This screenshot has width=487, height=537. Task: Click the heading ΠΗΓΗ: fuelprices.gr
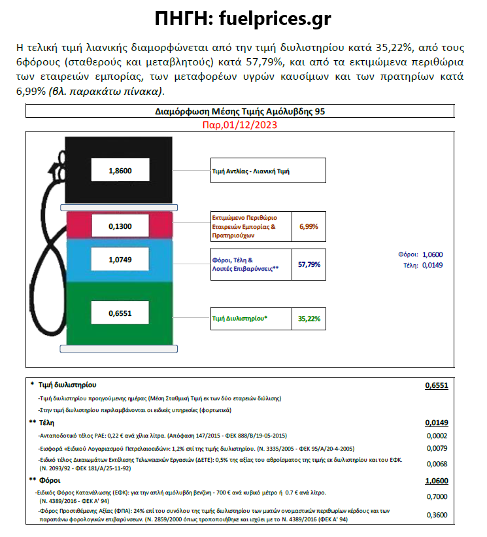coord(243,18)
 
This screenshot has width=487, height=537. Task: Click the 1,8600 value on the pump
coord(120,171)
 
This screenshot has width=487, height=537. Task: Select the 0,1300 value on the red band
coord(120,226)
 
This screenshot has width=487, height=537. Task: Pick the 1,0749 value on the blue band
coord(120,260)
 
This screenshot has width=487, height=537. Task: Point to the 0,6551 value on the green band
coord(120,313)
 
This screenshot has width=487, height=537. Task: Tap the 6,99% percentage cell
coord(309,226)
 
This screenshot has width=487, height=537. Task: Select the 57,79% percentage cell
coord(309,264)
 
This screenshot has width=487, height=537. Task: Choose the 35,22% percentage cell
coord(309,319)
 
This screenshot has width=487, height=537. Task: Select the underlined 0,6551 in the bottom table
coord(436,386)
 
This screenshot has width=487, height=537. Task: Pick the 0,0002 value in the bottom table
coord(437,436)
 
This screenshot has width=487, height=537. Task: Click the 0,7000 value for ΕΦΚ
coord(437,497)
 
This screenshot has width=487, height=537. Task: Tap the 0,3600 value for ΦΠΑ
coord(437,515)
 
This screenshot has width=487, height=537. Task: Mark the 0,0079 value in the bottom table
coord(437,448)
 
